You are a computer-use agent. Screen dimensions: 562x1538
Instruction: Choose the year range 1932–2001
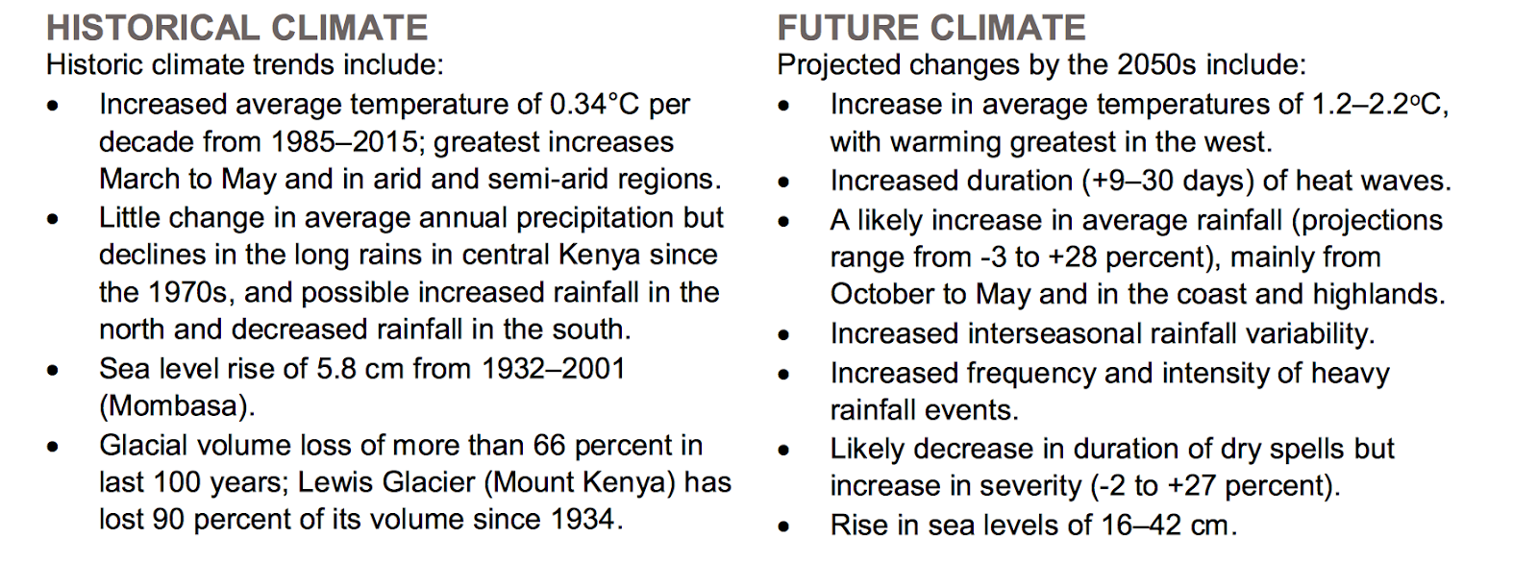pos(554,368)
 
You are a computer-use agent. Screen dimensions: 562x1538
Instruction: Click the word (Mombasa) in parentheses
pos(177,405)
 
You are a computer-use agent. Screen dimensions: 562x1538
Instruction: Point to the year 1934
pos(583,520)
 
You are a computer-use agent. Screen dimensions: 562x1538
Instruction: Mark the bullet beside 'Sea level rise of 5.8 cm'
pos(53,370)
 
